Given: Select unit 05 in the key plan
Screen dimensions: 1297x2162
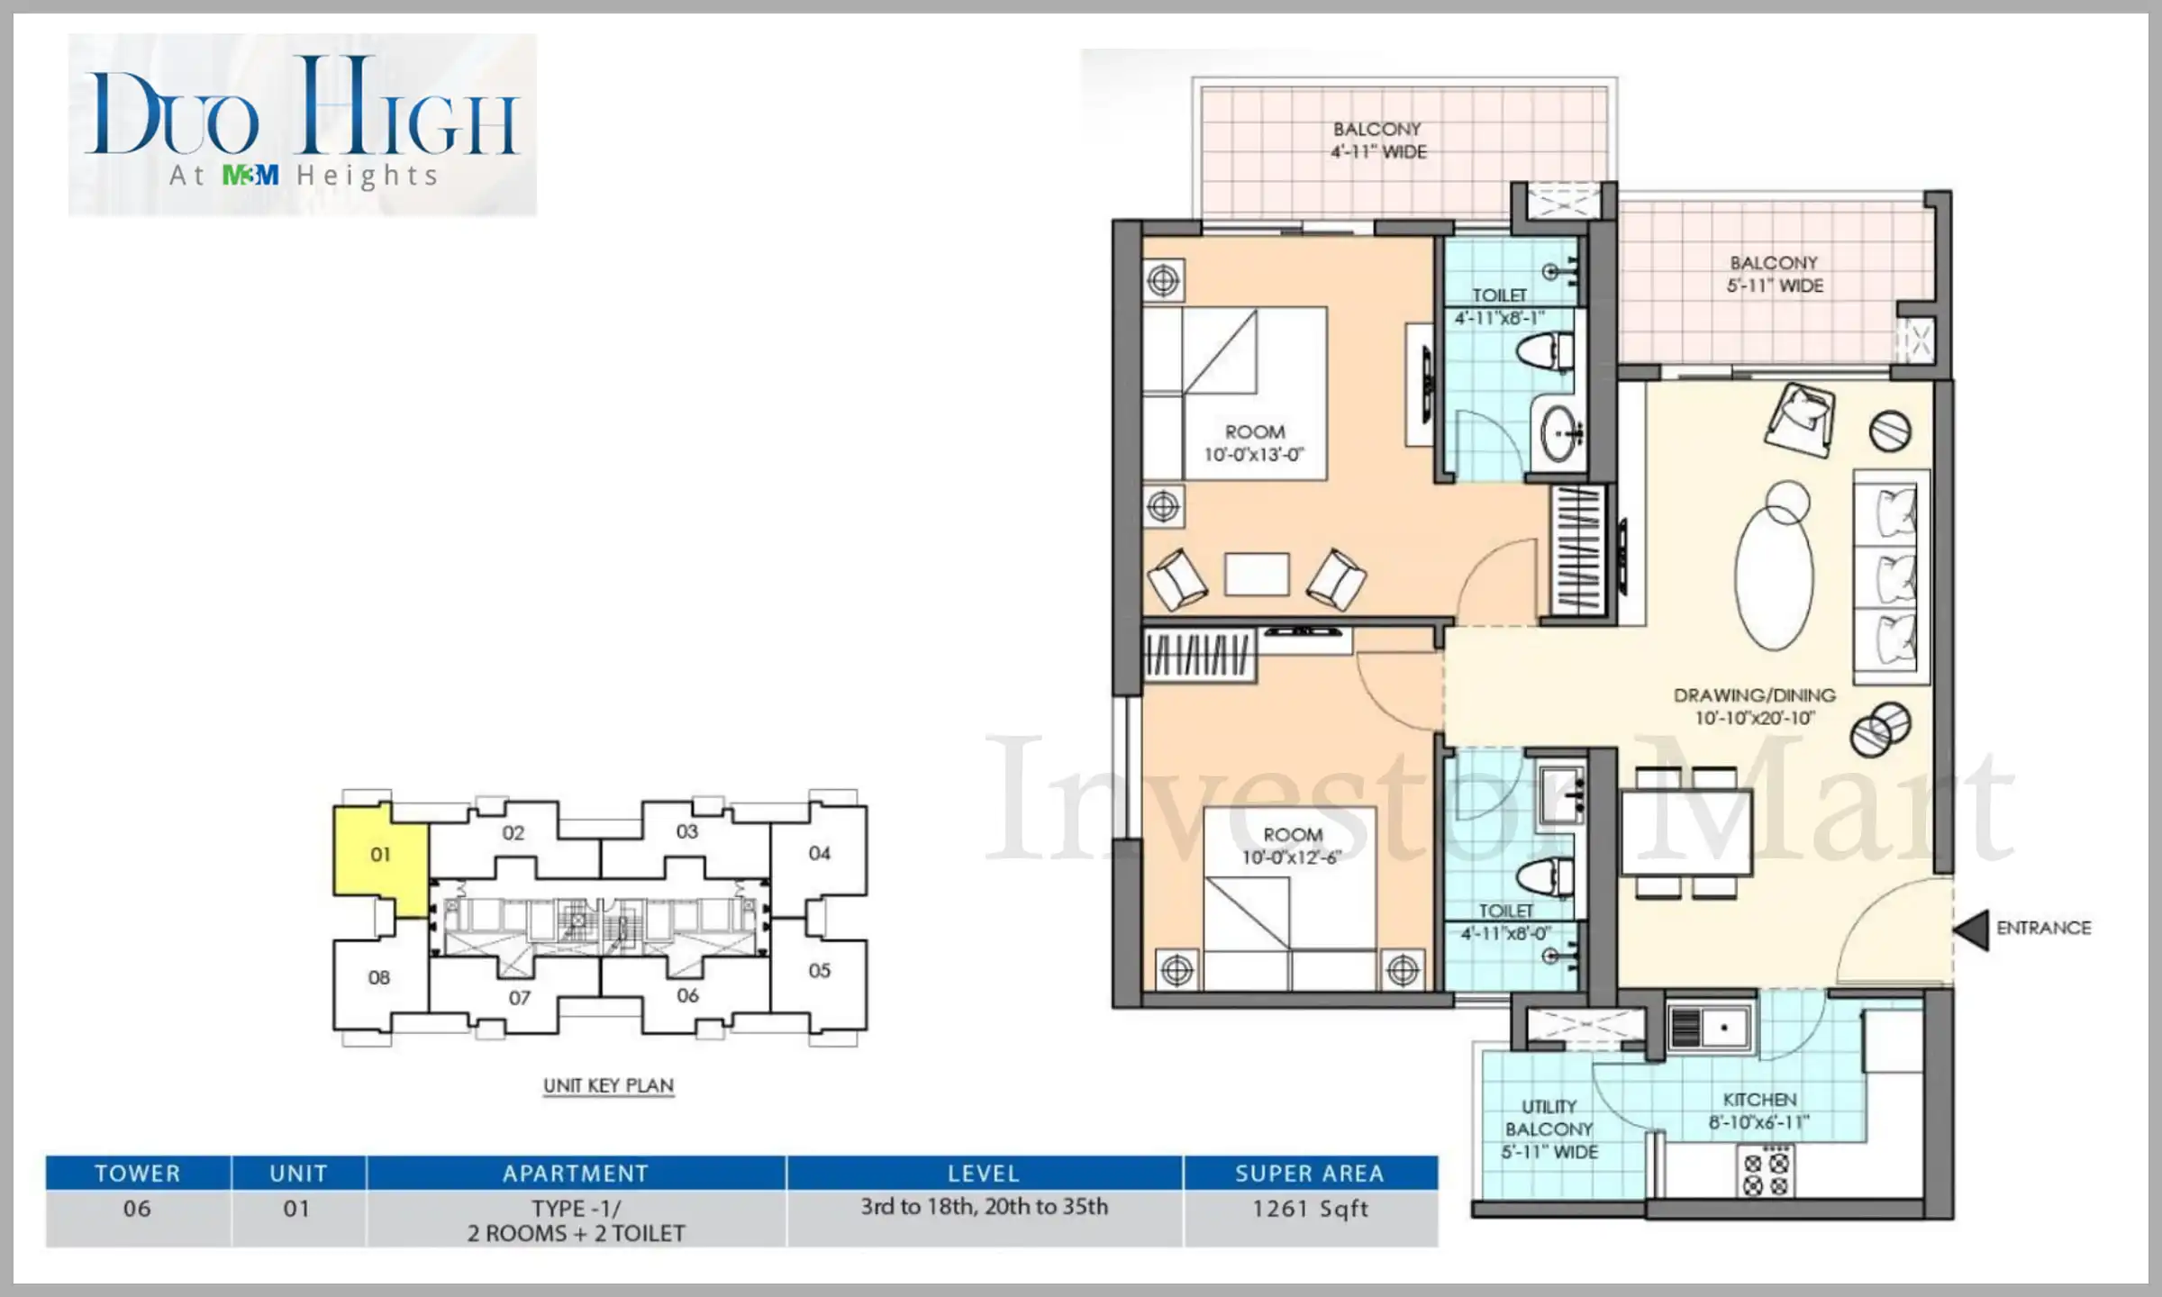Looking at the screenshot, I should tap(819, 971).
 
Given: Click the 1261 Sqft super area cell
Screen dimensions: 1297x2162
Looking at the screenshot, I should tap(1310, 1209).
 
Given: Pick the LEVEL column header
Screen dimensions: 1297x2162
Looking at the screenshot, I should tap(984, 1174).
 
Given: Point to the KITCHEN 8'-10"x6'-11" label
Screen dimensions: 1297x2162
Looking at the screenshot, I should tap(1759, 1111).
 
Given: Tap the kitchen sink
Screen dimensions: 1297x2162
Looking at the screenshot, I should tap(1709, 1027).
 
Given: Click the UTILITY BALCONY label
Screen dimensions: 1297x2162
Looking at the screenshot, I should tap(1549, 1129).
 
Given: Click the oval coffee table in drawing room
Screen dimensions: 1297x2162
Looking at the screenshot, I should tap(1774, 576).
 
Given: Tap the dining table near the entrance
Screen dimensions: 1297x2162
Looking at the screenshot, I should tap(1686, 832).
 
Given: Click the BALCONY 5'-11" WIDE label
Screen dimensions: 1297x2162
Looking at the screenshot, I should tap(1774, 274).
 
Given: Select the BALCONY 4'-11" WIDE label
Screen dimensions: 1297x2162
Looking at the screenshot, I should tap(1378, 141).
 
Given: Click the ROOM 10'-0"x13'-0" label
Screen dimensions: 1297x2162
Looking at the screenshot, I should tap(1254, 443).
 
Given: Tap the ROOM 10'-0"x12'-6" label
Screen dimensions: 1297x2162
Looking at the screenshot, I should tap(1292, 846).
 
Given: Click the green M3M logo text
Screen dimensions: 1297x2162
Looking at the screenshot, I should tap(250, 175).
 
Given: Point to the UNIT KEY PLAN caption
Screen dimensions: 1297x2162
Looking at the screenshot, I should tap(608, 1085).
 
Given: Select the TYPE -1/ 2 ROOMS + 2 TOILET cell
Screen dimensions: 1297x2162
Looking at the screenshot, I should tap(576, 1220).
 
